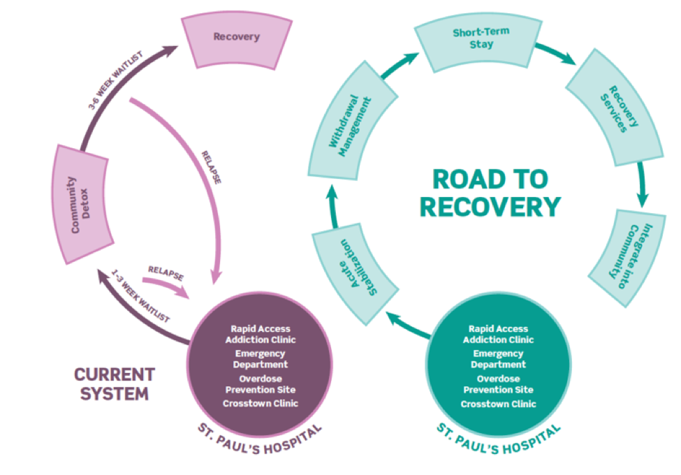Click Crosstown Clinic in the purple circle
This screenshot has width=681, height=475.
pos(261,403)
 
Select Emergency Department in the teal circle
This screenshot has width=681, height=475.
pos(498,359)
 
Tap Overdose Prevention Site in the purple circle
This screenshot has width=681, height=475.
pos(261,384)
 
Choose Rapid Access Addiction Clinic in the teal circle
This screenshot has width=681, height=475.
pos(498,334)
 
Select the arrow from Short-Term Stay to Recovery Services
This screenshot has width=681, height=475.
pos(559,54)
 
